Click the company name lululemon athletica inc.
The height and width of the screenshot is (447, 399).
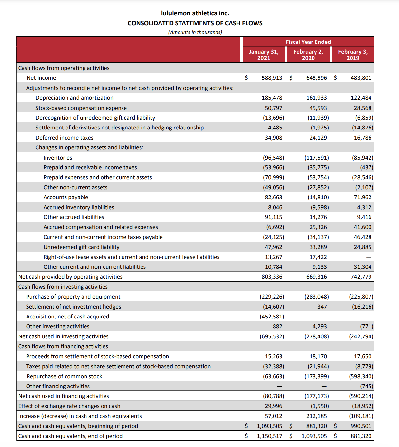click(195, 13)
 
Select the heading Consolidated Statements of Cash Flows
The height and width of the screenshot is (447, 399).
click(195, 23)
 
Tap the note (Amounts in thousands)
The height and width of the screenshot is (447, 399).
click(195, 32)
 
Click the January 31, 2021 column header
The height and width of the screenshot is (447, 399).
click(264, 55)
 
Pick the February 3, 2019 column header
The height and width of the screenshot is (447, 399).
click(353, 55)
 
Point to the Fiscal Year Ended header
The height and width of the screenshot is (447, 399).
click(308, 42)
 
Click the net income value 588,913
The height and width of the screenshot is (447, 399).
click(272, 78)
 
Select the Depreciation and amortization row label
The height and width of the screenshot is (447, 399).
click(74, 98)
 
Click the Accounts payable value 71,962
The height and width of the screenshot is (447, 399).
click(362, 197)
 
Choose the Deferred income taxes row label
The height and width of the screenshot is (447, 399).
click(65, 138)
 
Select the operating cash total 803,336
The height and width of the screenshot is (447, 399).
click(272, 277)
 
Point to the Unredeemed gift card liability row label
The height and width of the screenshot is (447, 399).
click(81, 247)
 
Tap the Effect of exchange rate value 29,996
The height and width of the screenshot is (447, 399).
click(274, 406)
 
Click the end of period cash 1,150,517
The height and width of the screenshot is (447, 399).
click(270, 436)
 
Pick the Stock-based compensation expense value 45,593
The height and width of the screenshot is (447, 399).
click(318, 108)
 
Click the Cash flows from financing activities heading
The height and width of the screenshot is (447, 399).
click(63, 346)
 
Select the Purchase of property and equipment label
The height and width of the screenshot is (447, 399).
click(73, 297)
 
